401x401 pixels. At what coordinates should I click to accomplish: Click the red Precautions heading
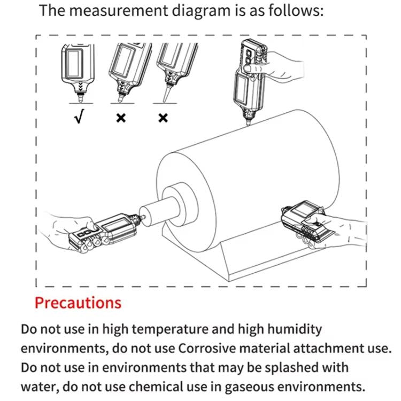point(78,303)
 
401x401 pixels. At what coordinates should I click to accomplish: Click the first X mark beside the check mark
point(121,117)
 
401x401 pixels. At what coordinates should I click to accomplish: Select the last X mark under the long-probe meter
point(163,117)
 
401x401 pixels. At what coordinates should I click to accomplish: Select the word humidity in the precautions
point(291,328)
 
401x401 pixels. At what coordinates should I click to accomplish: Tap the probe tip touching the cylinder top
point(248,125)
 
